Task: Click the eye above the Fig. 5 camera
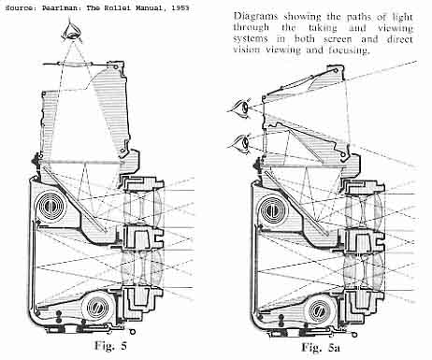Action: point(73,32)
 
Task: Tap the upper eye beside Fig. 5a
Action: point(242,108)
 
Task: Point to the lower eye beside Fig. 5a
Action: point(242,142)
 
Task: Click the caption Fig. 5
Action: point(110,346)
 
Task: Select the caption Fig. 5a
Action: point(321,347)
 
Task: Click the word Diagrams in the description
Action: point(255,16)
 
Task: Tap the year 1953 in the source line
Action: point(180,7)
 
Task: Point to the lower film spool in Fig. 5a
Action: point(321,310)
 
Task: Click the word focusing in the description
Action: point(349,50)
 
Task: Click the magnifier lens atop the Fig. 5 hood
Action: point(76,64)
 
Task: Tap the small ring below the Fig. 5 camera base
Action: point(133,331)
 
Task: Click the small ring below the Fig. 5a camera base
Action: point(353,334)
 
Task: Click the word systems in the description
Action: point(251,39)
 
